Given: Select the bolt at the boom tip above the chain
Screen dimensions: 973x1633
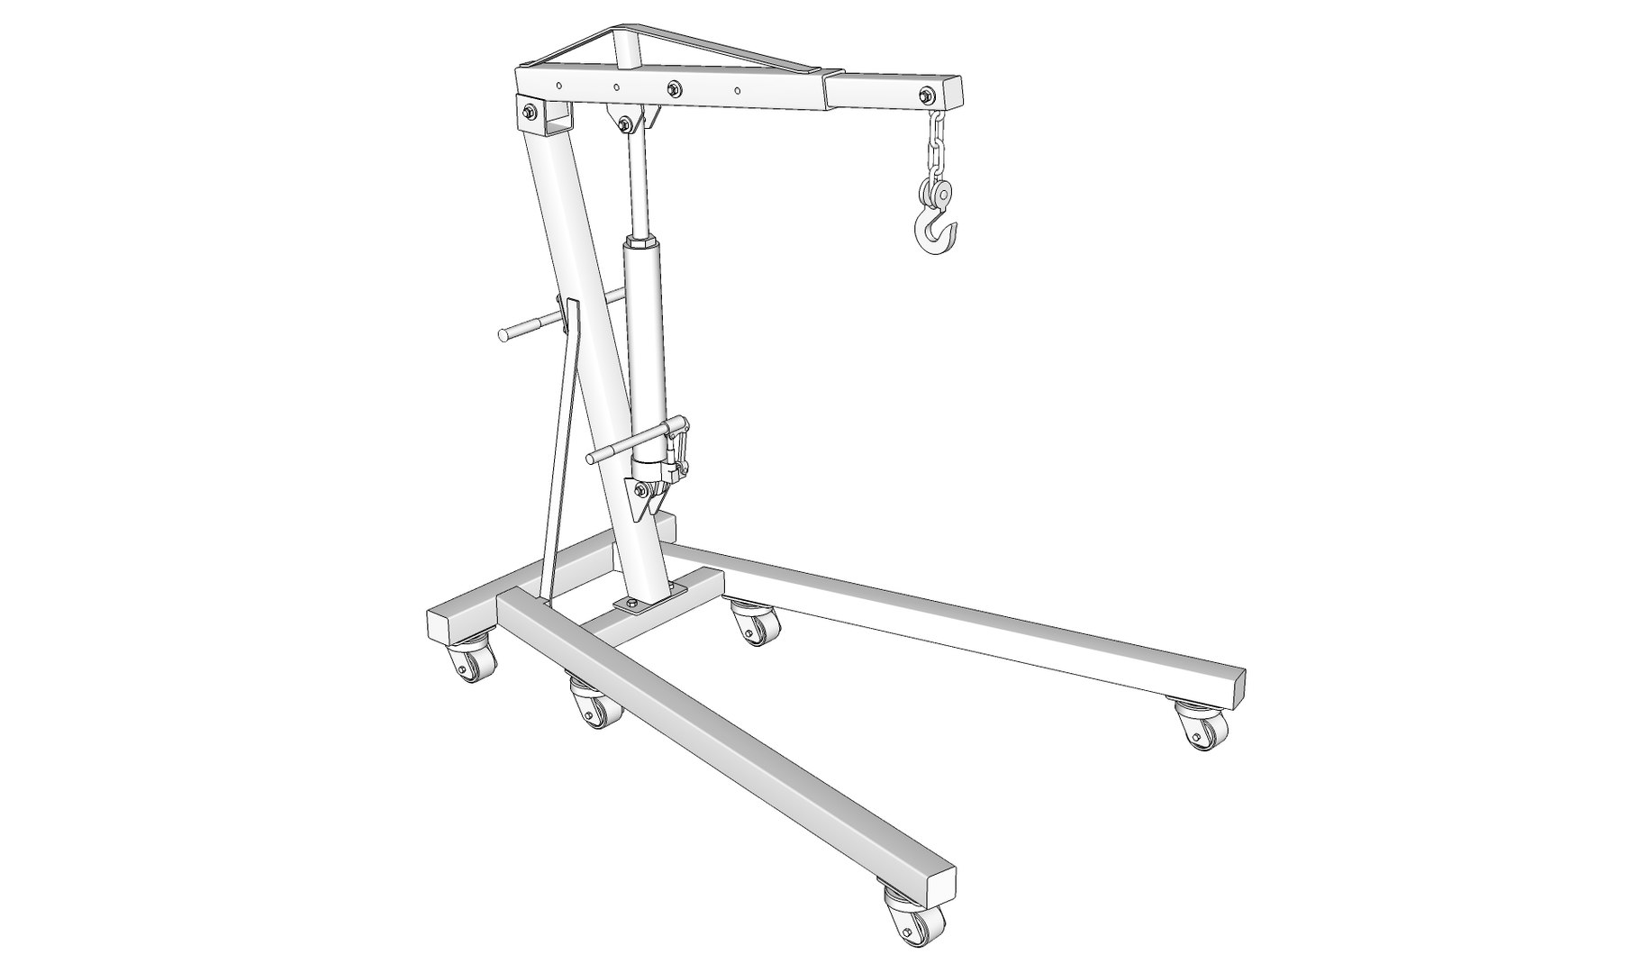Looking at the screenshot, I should [927, 95].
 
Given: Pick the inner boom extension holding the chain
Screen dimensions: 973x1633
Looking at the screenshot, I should [892, 92].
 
